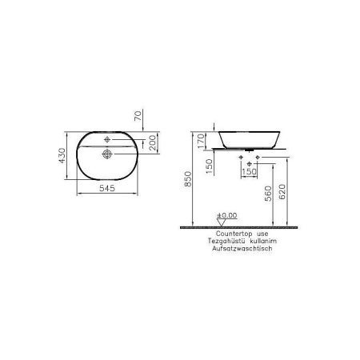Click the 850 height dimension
[187, 182]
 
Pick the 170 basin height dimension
[200, 142]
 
